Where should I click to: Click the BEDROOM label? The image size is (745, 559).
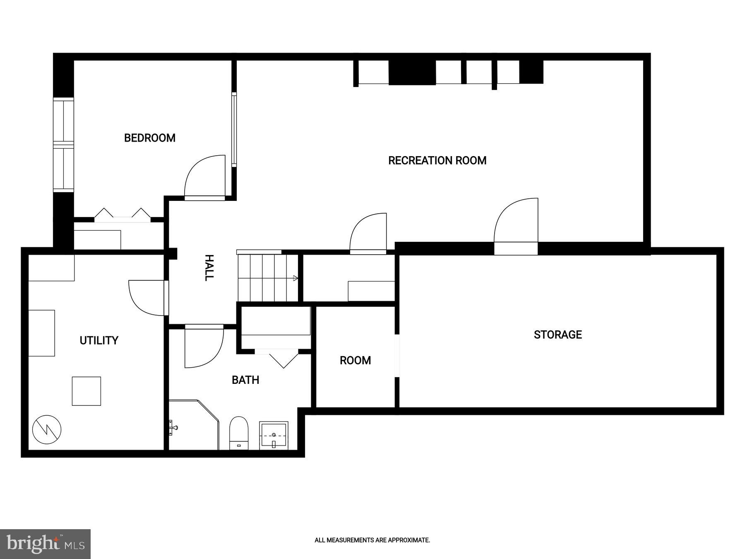[x=150, y=138]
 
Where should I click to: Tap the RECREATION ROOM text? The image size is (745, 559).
[x=437, y=161]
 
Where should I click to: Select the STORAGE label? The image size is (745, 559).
[x=558, y=335]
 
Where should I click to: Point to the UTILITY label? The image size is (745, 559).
[x=99, y=340]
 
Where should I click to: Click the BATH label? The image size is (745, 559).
[x=245, y=380]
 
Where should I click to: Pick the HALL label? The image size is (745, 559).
[x=209, y=268]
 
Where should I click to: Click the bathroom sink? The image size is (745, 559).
[x=274, y=435]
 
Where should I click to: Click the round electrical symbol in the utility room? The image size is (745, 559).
[x=47, y=430]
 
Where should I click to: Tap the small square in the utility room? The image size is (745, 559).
[x=87, y=391]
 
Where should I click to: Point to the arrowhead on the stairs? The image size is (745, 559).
[x=296, y=278]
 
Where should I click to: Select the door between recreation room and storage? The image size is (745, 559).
[x=515, y=226]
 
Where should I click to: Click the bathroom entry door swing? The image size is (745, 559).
[x=203, y=347]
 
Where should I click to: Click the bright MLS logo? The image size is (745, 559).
[x=45, y=544]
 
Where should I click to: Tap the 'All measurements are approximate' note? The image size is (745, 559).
[x=372, y=540]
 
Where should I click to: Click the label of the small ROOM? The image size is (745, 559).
[x=355, y=360]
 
